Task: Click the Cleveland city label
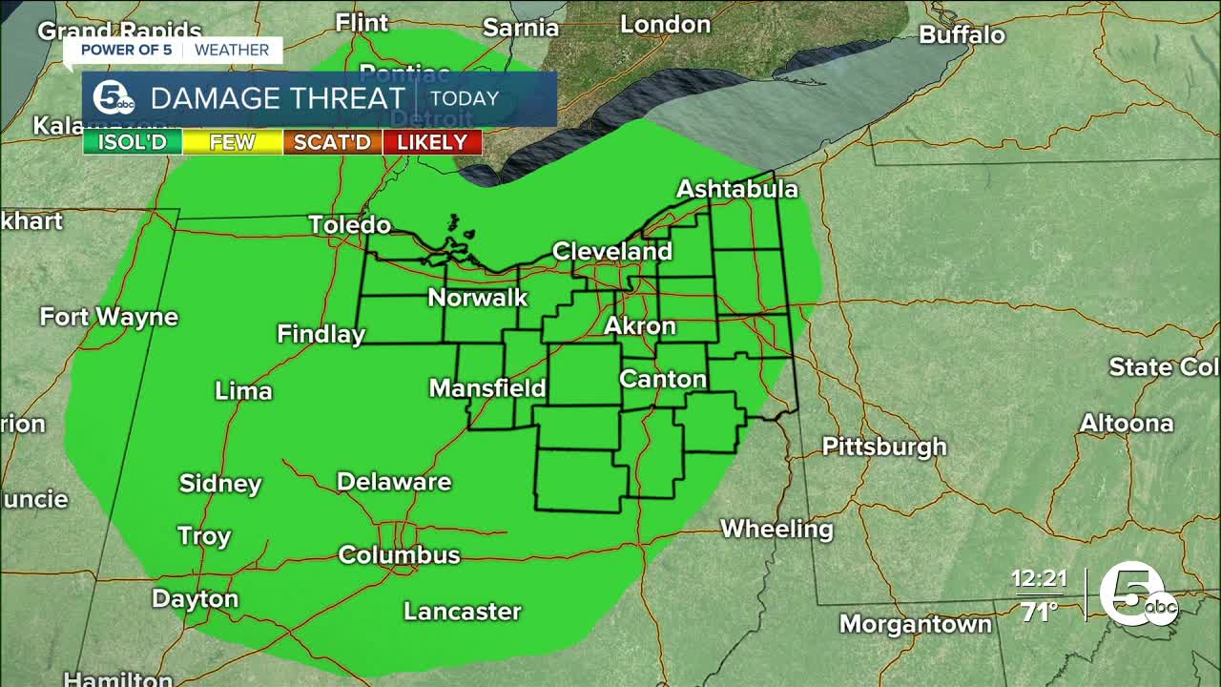tap(612, 252)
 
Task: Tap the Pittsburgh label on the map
tap(884, 447)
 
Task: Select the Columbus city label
tap(399, 554)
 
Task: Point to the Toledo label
tap(349, 225)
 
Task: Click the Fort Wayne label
tap(109, 317)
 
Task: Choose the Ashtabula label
tap(736, 189)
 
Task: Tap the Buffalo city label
tap(962, 35)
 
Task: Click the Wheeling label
tap(776, 529)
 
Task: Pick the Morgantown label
tap(915, 624)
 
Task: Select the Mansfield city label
tap(486, 388)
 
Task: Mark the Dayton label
tap(195, 599)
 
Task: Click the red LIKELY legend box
tap(432, 143)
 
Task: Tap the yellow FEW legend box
tap(233, 143)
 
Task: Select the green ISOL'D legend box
tap(133, 143)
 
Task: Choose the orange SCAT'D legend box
tap(332, 143)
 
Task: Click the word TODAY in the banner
tap(465, 98)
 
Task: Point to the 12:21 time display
tap(1039, 579)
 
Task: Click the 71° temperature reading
tap(1039, 611)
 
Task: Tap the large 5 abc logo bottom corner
tap(1137, 594)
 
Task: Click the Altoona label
tap(1126, 424)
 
